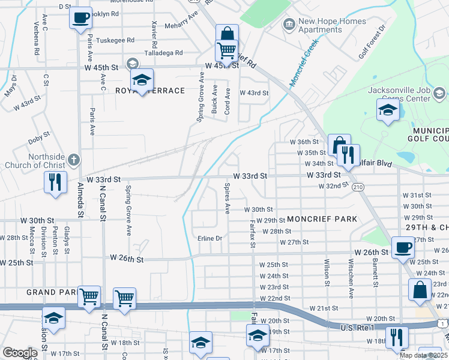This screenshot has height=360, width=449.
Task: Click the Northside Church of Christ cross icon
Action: click(x=73, y=160)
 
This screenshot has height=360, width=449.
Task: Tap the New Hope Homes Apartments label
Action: click(x=332, y=25)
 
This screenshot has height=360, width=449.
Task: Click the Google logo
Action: click(x=20, y=353)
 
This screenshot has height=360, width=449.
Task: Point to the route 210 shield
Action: click(x=358, y=187)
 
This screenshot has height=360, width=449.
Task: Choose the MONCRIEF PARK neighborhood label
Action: click(x=322, y=219)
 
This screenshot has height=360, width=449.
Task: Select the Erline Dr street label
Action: click(x=210, y=239)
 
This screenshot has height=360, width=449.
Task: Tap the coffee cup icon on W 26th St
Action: click(x=403, y=247)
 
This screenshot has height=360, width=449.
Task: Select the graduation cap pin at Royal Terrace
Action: click(x=142, y=80)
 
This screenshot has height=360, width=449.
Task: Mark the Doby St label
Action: click(x=38, y=142)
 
